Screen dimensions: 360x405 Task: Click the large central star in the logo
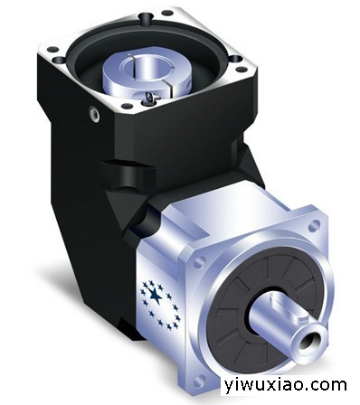pos(156,296)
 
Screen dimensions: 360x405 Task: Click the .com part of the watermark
pos(327,385)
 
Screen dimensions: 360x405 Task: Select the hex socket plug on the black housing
pos(94,114)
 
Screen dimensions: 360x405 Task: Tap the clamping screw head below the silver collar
pos(150,98)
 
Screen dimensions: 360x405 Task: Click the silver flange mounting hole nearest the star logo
pos(199,263)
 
